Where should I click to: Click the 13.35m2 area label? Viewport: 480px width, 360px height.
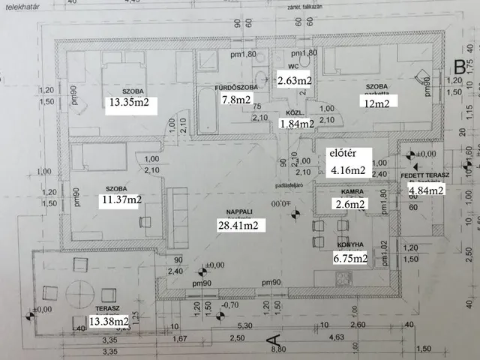131,104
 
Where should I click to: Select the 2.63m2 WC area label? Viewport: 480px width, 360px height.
294,80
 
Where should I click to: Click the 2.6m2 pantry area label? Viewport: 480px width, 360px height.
350,203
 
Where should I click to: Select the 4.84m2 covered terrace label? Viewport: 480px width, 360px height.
426,190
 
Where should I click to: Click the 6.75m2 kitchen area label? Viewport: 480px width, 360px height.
349,259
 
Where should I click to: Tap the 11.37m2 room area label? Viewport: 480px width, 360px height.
121,199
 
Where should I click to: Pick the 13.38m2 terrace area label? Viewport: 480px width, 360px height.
109,322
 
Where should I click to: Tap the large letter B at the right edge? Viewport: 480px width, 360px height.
459,67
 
